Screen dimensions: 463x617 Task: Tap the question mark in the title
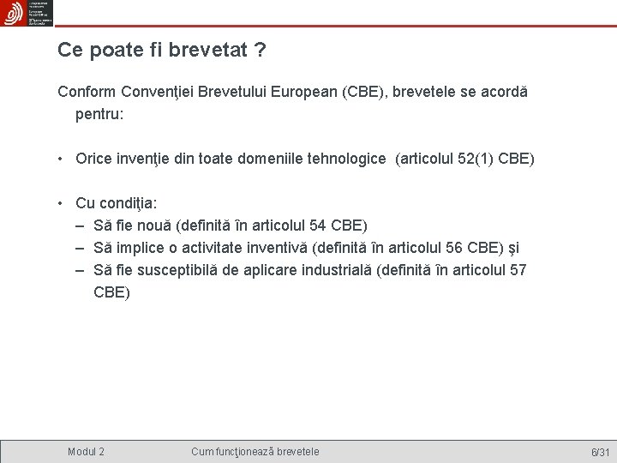[x=259, y=51]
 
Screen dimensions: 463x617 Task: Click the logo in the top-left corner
[x=27, y=13]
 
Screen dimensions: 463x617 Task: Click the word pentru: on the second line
[x=100, y=112]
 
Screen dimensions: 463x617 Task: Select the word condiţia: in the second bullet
[x=128, y=204]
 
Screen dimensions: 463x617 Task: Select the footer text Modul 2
[x=87, y=451]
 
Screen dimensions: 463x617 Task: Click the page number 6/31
[x=599, y=452]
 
